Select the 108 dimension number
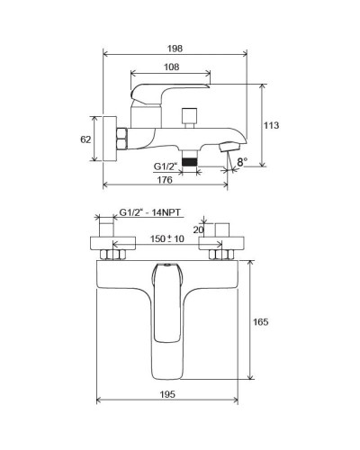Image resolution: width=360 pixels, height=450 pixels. (171, 68)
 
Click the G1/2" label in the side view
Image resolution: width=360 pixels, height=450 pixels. (164, 165)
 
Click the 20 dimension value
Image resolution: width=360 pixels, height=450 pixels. (199, 230)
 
